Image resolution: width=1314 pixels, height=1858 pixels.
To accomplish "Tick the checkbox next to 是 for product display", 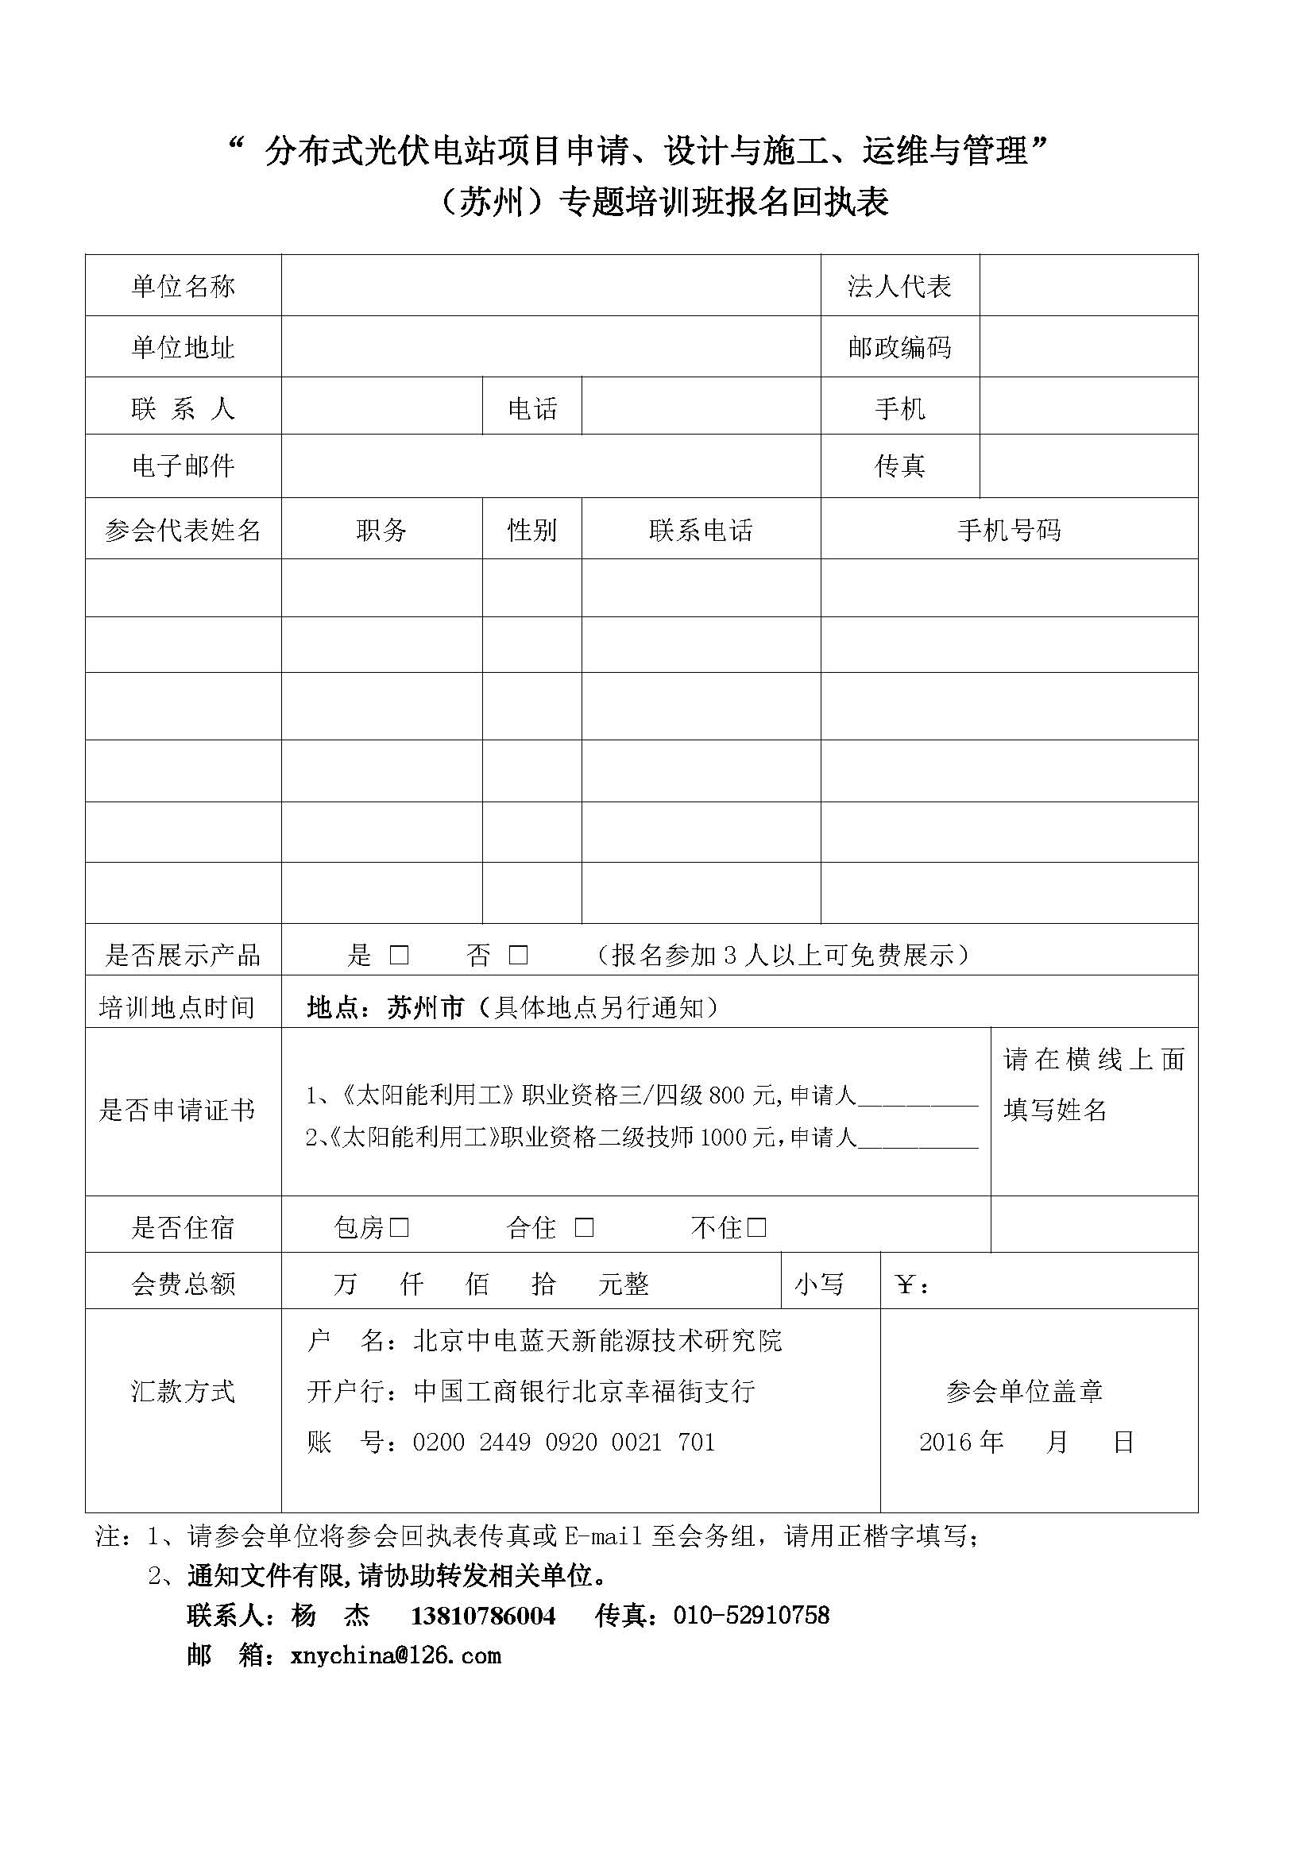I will click(x=399, y=955).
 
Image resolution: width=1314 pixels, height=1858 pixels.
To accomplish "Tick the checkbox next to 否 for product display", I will click(x=518, y=955).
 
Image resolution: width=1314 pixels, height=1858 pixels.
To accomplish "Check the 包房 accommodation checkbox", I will click(x=399, y=1227).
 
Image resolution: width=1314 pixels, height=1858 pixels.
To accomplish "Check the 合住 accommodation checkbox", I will click(x=584, y=1227).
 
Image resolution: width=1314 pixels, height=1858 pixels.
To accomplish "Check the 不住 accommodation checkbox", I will click(x=756, y=1227).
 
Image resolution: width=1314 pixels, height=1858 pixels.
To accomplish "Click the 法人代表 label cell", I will click(x=899, y=286).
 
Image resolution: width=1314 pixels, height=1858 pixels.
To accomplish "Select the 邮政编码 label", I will click(x=899, y=347).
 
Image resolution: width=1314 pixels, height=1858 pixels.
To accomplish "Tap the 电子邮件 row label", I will click(x=183, y=465).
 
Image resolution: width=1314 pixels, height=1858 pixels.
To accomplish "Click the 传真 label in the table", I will click(x=899, y=465).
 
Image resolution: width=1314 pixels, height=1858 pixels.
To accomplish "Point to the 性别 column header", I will click(x=531, y=530).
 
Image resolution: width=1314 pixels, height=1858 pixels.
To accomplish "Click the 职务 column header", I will click(x=381, y=530).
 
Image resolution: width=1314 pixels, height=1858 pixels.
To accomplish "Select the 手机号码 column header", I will click(x=1008, y=530).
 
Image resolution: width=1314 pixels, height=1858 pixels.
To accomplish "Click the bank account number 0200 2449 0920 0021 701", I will click(x=564, y=1442).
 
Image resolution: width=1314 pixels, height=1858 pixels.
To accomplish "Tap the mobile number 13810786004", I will click(x=483, y=1616).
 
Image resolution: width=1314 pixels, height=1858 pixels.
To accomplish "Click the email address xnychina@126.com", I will click(x=396, y=1655).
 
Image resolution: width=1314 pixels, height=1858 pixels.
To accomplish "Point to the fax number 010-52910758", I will click(x=751, y=1615).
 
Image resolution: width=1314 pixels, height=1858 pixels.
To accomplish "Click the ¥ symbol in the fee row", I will click(x=906, y=1284).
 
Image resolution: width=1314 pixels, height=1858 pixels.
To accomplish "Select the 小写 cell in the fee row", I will click(x=819, y=1284).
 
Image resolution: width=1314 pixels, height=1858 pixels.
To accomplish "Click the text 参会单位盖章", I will click(x=1023, y=1391).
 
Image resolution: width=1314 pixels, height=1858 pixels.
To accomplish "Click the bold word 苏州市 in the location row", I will click(x=426, y=1007).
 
